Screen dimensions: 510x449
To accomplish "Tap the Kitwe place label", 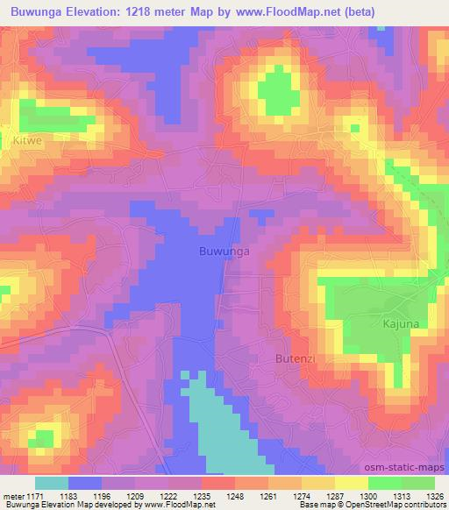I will [x=27, y=139].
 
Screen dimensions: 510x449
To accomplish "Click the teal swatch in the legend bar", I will [x=52, y=483].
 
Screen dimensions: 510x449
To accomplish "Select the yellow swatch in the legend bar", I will [x=352, y=483].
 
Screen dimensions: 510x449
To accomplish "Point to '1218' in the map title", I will [x=149, y=10].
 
